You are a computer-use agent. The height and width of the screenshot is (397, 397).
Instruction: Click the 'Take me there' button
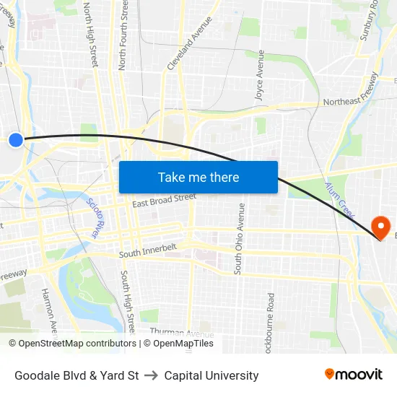[x=198, y=177]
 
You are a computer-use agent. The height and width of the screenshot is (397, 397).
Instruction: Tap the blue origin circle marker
[x=16, y=139]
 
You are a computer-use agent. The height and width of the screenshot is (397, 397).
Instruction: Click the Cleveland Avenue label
[x=182, y=44]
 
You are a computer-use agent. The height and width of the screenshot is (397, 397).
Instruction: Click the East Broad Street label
[x=164, y=200]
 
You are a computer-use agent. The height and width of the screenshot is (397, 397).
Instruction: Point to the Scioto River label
[x=93, y=219]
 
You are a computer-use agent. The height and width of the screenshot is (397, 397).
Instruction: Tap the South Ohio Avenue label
[x=240, y=238]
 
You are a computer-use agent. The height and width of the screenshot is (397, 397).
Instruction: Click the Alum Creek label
[x=339, y=200]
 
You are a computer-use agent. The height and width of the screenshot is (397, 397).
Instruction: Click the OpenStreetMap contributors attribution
[x=72, y=344]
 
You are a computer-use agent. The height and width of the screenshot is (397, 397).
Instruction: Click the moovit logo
[x=354, y=374]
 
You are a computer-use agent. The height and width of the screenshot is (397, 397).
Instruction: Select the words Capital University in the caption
[x=211, y=375]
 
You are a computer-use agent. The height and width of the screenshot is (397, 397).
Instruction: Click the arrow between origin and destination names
[x=152, y=375]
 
